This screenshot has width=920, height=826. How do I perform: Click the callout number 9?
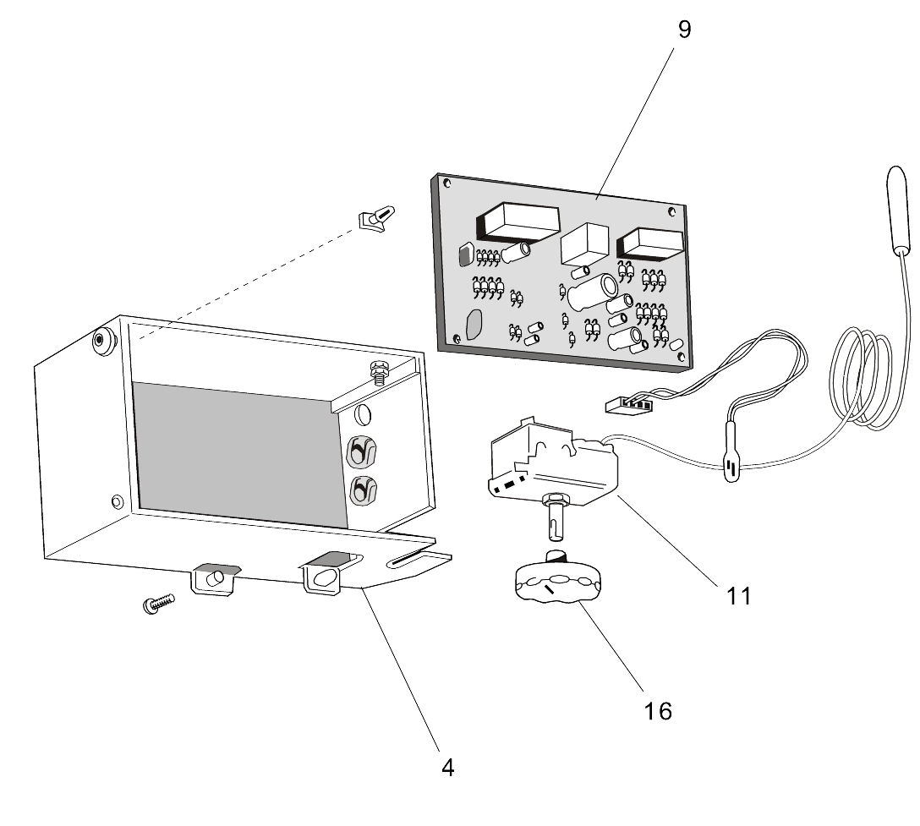(x=684, y=30)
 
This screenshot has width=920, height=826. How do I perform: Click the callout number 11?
(x=738, y=596)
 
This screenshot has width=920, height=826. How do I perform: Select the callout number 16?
(x=657, y=711)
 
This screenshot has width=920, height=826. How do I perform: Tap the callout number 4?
(x=447, y=768)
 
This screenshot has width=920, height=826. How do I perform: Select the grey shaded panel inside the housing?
(x=237, y=452)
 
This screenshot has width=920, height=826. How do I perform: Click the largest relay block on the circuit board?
(x=518, y=222)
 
